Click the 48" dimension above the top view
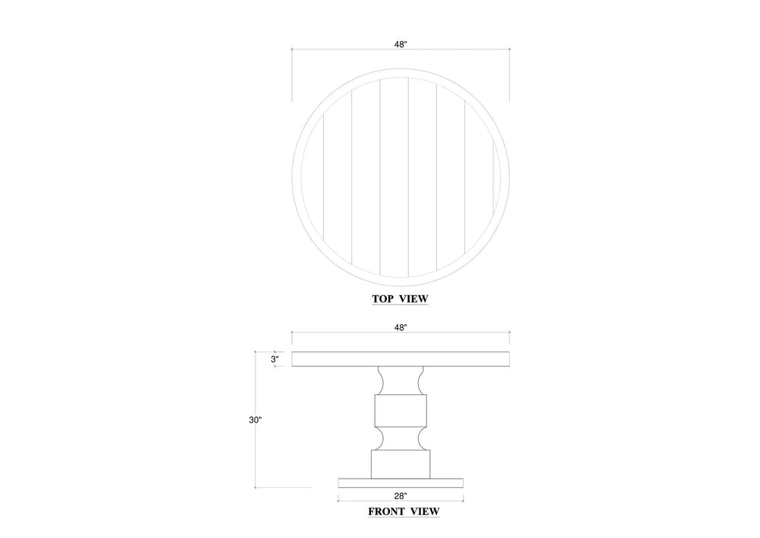click(x=401, y=44)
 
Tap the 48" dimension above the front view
click(x=401, y=327)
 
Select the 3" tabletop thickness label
click(x=275, y=359)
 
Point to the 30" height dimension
click(x=255, y=420)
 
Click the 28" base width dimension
click(x=401, y=496)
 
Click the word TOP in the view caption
click(x=382, y=299)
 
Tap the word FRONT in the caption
click(x=386, y=511)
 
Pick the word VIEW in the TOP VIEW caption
click(x=414, y=299)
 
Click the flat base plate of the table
click(x=401, y=483)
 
